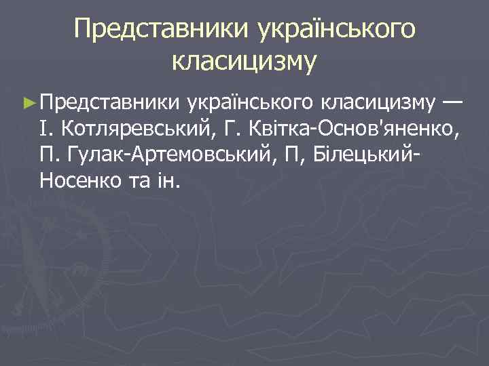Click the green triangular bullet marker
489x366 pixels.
[x=28, y=102]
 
